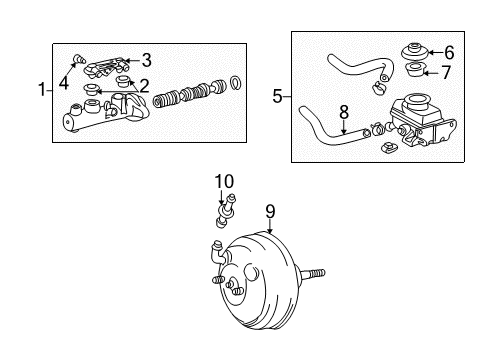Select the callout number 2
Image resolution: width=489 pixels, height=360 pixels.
tap(145, 85)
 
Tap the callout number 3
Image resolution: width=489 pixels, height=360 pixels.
tap(146, 59)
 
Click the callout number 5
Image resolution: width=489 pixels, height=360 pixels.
tap(277, 97)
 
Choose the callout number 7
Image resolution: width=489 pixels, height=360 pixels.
tap(447, 72)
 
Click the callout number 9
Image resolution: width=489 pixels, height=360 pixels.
tap(269, 211)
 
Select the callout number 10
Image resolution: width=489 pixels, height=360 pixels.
tap(224, 181)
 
